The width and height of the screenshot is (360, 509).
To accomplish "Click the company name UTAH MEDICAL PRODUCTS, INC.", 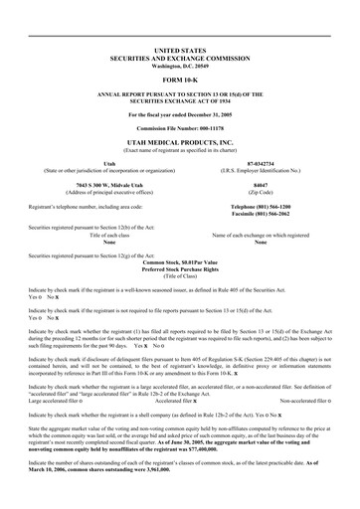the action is click(x=180, y=143).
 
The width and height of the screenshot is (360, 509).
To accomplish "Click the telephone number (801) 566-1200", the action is click(x=264, y=206).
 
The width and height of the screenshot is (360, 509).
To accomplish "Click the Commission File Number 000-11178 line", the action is click(x=180, y=129).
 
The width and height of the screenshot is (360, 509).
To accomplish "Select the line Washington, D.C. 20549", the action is click(x=180, y=66).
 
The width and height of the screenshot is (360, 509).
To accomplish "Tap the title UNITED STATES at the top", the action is click(x=180, y=49).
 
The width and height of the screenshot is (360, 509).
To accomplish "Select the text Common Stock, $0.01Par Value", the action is click(x=180, y=260).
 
